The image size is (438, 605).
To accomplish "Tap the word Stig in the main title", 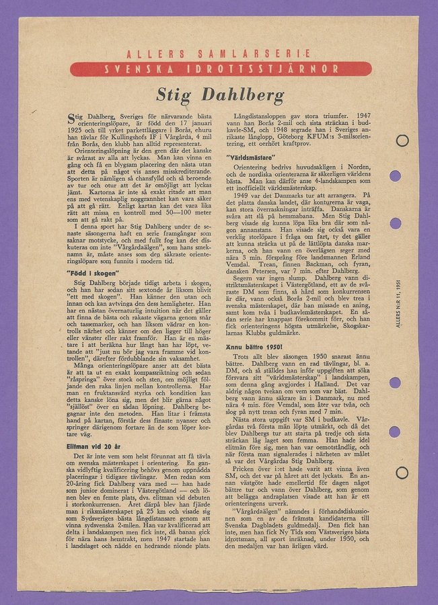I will pos(178,95).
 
